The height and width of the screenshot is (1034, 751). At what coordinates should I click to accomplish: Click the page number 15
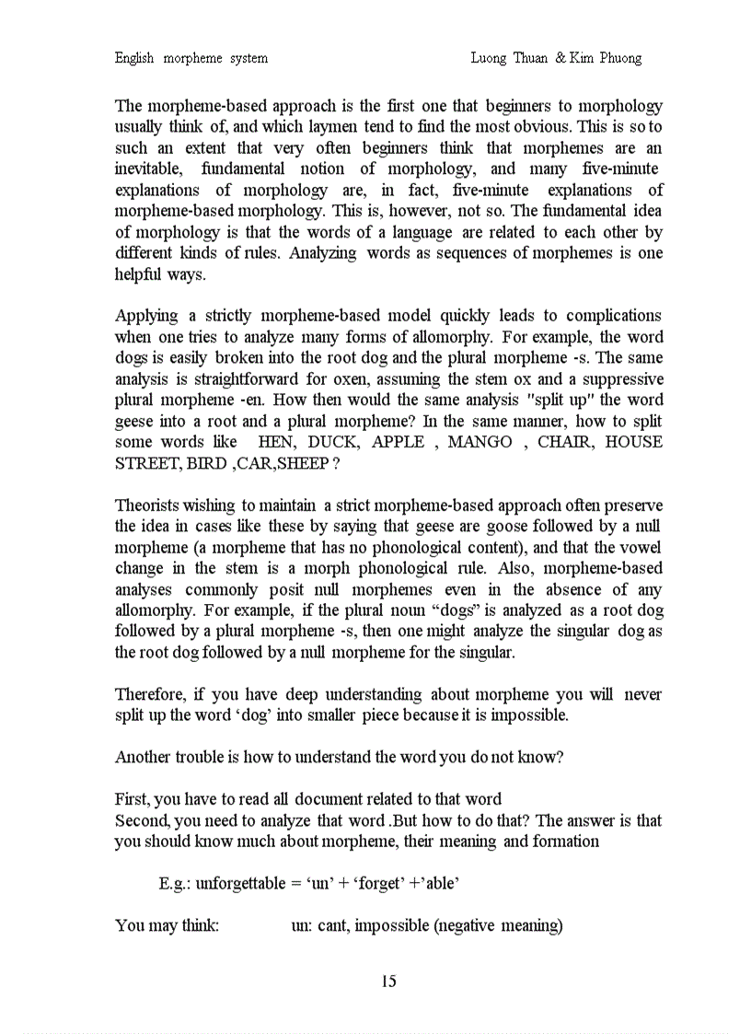[x=388, y=982]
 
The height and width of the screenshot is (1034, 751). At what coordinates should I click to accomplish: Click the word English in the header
[x=134, y=58]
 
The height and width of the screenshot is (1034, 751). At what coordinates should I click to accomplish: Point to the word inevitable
[x=148, y=169]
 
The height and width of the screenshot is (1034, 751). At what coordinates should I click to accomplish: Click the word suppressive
[x=619, y=379]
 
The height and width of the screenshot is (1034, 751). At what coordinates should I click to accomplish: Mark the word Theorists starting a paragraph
[x=149, y=505]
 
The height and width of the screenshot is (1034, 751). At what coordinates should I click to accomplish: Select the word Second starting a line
[x=141, y=820]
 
